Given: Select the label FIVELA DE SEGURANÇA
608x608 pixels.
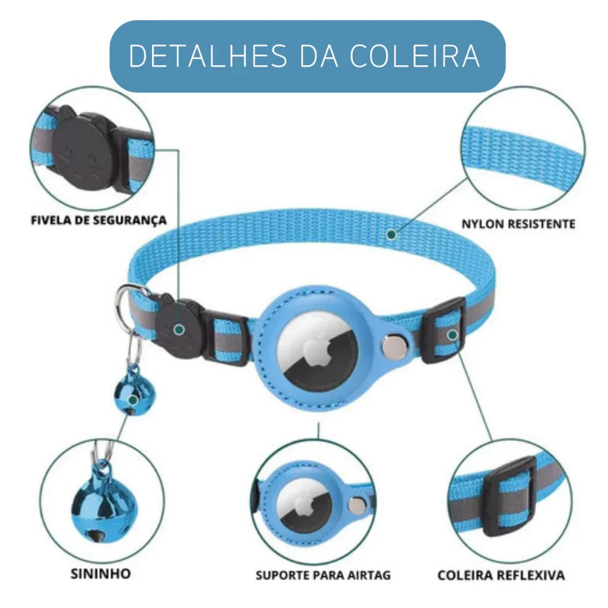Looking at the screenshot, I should pos(99,220).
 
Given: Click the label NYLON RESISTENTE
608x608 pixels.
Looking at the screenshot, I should pos(518,224).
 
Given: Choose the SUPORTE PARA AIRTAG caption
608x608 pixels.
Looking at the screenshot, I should pos(324,575).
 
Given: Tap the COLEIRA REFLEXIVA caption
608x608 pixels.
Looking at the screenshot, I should pos(501,575).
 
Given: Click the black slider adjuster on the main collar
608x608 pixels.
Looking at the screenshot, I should pos(444,331).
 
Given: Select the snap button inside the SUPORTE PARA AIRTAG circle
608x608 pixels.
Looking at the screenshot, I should pos(357,505).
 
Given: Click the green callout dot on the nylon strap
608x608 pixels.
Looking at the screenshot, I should pos(391,235).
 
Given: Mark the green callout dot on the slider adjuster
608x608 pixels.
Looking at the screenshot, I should pos(452,335).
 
